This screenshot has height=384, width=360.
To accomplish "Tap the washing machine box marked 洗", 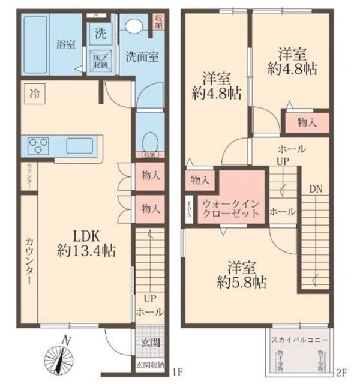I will pyautogui.click(x=100, y=34).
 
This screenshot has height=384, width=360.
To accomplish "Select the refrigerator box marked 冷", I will pyautogui.click(x=34, y=94).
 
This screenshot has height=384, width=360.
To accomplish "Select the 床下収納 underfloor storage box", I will pyautogui.click(x=100, y=61).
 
